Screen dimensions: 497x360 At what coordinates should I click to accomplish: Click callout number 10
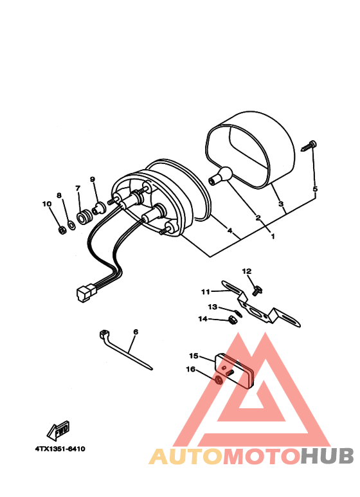[x=46, y=204]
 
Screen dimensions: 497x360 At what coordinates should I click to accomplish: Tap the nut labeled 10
[x=60, y=229]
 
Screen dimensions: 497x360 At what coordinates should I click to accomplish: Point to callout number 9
[x=92, y=179]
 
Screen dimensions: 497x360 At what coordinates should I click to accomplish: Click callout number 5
[x=315, y=189]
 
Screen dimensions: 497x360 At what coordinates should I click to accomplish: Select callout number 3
[x=281, y=204]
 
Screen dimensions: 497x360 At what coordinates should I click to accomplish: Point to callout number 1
[x=273, y=236]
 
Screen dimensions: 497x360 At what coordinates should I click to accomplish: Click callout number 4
[x=230, y=230]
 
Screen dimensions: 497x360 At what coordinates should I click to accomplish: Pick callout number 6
[x=136, y=332]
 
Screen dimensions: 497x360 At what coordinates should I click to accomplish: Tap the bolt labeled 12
[x=257, y=290]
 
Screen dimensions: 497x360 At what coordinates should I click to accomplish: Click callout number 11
[x=206, y=292]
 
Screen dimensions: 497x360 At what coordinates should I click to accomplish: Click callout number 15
[x=193, y=356]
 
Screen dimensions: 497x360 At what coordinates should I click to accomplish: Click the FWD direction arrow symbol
[x=59, y=428]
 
